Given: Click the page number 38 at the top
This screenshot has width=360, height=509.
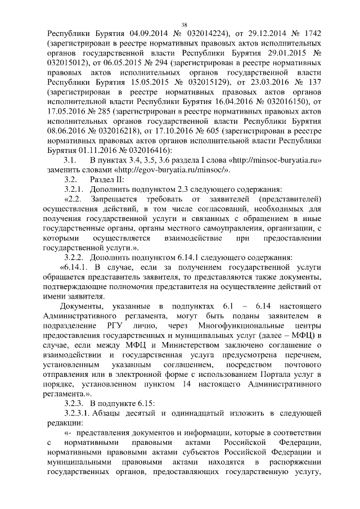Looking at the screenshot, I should [183, 24].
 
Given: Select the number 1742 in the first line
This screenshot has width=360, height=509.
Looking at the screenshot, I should [309, 34].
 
